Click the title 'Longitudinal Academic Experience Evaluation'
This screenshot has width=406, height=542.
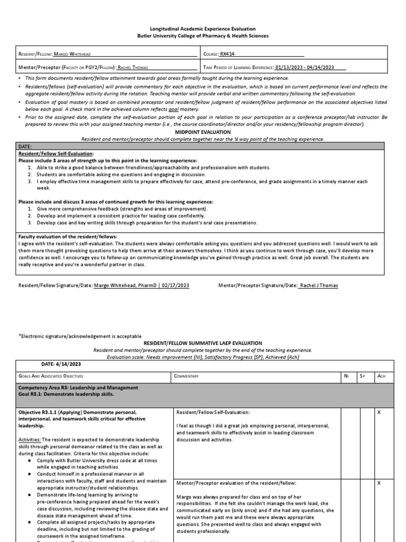(202, 29)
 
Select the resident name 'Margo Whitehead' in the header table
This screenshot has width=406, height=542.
(76, 53)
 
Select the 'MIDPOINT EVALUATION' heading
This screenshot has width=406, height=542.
(202, 132)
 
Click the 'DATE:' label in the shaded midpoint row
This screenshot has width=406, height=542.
(26, 146)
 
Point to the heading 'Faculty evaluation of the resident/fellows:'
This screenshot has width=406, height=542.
(68, 236)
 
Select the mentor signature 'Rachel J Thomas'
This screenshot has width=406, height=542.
(319, 285)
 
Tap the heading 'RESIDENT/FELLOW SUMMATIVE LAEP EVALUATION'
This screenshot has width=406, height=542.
(202, 343)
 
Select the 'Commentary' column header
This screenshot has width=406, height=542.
(186, 376)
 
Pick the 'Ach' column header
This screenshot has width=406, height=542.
(379, 376)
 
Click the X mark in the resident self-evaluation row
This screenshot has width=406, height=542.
(379, 412)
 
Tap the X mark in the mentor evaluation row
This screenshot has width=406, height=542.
(379, 483)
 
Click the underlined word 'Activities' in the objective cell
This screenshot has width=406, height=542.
(30, 439)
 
